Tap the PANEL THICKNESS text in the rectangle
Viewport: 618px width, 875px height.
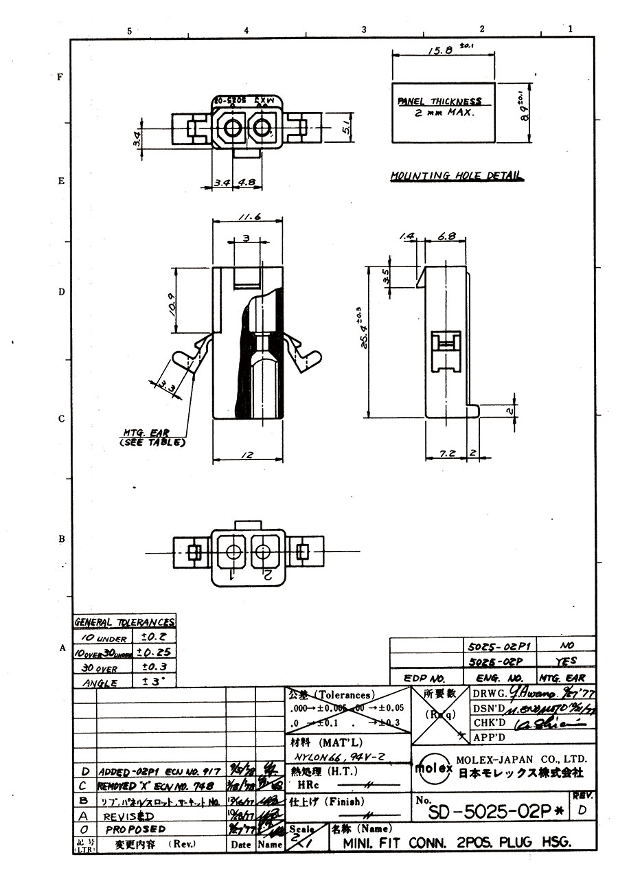(x=440, y=102)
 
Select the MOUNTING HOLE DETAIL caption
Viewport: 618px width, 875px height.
(x=455, y=176)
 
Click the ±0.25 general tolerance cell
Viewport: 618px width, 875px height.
(x=154, y=652)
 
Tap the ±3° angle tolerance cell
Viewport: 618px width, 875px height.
(x=154, y=682)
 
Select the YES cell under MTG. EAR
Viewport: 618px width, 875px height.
(x=566, y=662)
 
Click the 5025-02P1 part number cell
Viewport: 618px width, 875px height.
(x=498, y=646)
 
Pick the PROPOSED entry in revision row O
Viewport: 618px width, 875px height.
(x=136, y=830)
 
